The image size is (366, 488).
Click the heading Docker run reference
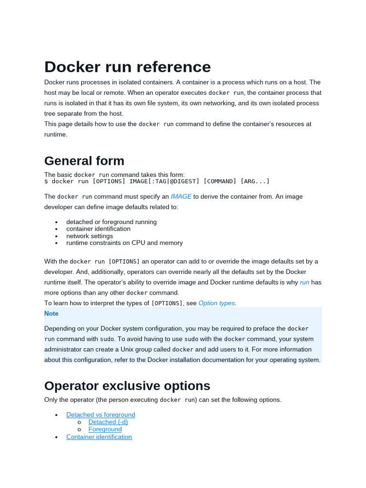(x=127, y=67)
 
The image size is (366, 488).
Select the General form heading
(x=84, y=161)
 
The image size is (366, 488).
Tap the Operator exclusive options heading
(x=127, y=386)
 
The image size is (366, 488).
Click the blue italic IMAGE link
(x=181, y=196)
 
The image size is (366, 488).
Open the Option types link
(x=216, y=303)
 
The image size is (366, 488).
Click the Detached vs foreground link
(x=101, y=415)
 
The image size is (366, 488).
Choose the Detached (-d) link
(x=108, y=422)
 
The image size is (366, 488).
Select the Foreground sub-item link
(x=105, y=429)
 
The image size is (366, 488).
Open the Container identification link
(x=99, y=437)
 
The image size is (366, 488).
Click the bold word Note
(x=51, y=314)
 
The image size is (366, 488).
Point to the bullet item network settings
(x=90, y=236)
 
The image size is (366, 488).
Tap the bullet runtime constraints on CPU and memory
(x=124, y=243)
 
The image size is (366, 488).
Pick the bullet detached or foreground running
(x=112, y=222)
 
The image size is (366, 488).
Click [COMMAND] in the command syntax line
(x=220, y=182)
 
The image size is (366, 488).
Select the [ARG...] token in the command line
(x=255, y=182)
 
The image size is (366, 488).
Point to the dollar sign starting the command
(x=46, y=182)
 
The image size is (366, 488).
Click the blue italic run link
(x=305, y=282)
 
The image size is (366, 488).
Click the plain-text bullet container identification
(x=98, y=229)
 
